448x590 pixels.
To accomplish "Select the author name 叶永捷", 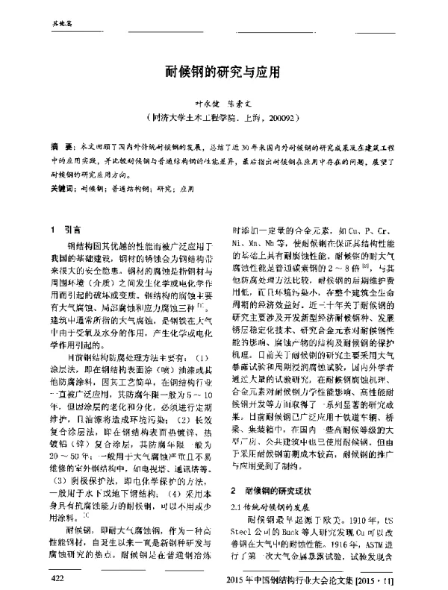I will click(198, 107).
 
